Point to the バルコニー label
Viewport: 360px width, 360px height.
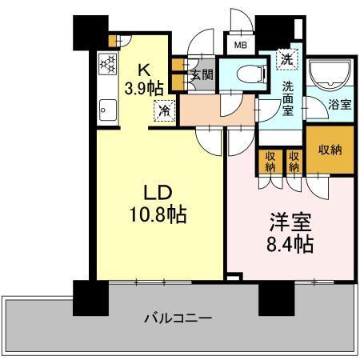[x=178, y=318]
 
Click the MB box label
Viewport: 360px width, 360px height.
[x=240, y=46]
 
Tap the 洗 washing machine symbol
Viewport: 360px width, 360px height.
[x=286, y=58]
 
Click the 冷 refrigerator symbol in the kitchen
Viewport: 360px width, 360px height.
[x=163, y=111]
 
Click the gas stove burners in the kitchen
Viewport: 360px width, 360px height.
[x=106, y=64]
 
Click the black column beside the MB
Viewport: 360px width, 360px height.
[x=270, y=31]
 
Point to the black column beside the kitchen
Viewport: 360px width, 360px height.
[x=87, y=32]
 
